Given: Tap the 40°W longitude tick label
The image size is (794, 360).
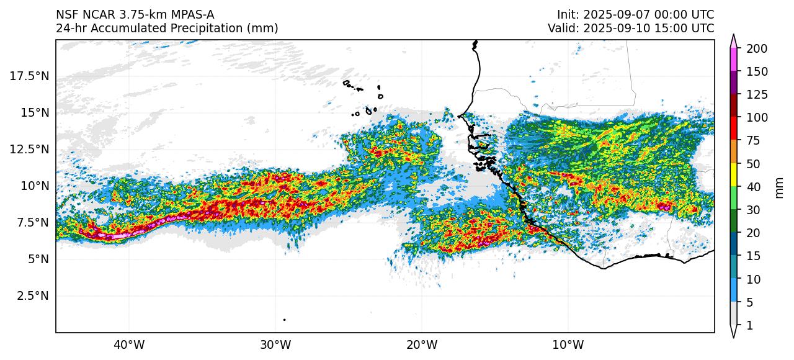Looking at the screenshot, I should click(129, 344).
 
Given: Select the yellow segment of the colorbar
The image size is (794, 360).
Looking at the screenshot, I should click(734, 174).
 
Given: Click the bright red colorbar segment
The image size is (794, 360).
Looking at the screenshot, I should click(734, 128).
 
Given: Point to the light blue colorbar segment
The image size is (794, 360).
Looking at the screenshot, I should click(734, 290).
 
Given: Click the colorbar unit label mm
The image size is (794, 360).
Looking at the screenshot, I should click(780, 187).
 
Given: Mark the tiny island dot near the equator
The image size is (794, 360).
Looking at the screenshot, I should click(284, 320).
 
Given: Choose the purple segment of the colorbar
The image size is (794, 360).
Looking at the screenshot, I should click(734, 83).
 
